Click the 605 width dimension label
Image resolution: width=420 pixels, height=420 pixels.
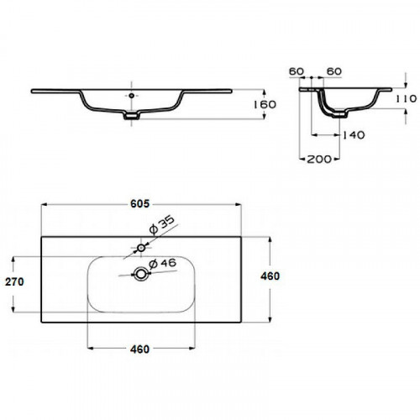pyautogui.click(x=140, y=204)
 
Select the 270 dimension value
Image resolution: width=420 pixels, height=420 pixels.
pyautogui.click(x=14, y=281)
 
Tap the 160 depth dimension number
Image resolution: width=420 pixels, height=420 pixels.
pyautogui.click(x=265, y=104)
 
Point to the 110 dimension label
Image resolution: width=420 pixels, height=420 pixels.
pyautogui.click(x=407, y=98)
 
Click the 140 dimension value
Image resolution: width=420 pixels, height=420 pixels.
pyautogui.click(x=354, y=135)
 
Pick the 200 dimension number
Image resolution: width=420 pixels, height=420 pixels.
pyautogui.click(x=319, y=159)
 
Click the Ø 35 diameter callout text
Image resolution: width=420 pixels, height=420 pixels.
pyautogui.click(x=162, y=225)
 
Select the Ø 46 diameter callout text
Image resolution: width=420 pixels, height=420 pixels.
pyautogui.click(x=162, y=264)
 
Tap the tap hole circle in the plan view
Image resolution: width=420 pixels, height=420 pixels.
pyautogui.click(x=141, y=248)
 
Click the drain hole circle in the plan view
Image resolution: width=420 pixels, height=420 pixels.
pyautogui.click(x=140, y=274)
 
